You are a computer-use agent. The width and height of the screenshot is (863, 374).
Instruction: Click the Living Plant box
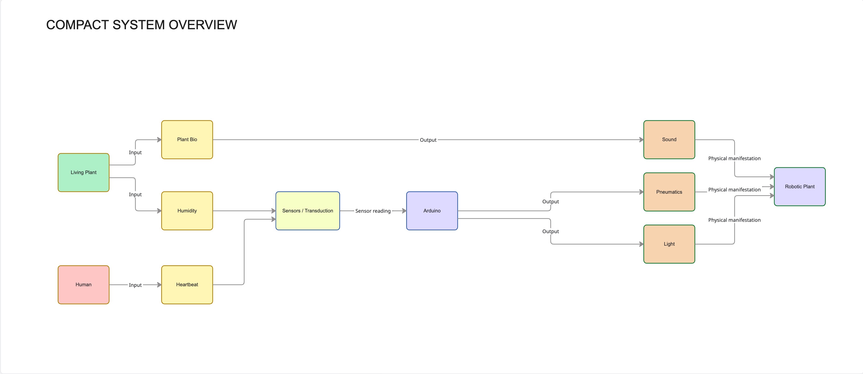pyautogui.click(x=83, y=172)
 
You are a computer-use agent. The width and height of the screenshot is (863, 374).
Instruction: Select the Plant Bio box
pyautogui.click(x=187, y=140)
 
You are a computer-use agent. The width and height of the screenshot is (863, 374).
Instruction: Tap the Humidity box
pyautogui.click(x=187, y=211)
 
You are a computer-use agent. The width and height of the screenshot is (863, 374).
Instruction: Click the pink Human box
pyautogui.click(x=83, y=285)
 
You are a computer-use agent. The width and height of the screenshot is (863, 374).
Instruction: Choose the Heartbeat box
pyautogui.click(x=187, y=285)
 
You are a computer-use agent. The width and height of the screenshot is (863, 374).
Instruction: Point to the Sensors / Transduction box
pyautogui.click(x=308, y=211)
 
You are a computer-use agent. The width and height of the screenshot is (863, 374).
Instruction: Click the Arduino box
pyautogui.click(x=432, y=211)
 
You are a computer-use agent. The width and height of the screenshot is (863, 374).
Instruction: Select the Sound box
pyautogui.click(x=669, y=140)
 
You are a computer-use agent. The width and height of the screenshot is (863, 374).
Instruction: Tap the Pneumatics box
pyautogui.click(x=669, y=192)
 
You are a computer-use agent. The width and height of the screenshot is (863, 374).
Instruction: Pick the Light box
pyautogui.click(x=669, y=244)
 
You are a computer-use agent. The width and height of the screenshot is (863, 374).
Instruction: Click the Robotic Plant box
pyautogui.click(x=800, y=187)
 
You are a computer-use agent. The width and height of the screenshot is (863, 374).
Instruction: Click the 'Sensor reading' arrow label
pyautogui.click(x=373, y=211)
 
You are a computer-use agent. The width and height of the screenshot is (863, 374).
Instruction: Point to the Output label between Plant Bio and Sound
pyautogui.click(x=428, y=140)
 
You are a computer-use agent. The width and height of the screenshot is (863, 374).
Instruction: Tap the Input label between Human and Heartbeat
pyautogui.click(x=135, y=285)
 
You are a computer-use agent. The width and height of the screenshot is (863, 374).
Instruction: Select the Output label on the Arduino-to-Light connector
pyautogui.click(x=550, y=231)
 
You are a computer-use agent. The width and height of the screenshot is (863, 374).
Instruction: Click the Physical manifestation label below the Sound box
pyautogui.click(x=734, y=158)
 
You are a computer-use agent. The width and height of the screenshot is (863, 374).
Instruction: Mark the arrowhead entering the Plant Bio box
pyautogui.click(x=159, y=140)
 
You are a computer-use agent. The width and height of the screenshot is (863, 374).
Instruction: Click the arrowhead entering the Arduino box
pyautogui.click(x=404, y=211)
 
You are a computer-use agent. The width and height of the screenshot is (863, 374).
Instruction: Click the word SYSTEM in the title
pyautogui.click(x=139, y=25)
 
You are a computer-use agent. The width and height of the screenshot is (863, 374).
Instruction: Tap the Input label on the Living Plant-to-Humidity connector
pyautogui.click(x=135, y=195)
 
